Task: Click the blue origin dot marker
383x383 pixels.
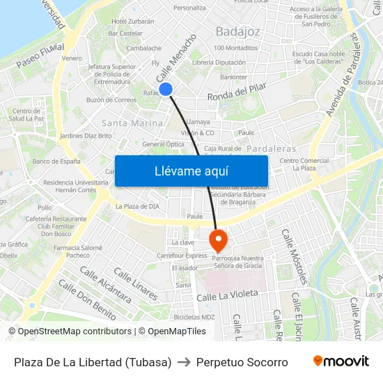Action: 166,88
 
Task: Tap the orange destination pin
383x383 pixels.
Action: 218,240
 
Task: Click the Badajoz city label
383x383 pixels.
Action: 237,31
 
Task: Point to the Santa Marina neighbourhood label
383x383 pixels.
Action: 132,123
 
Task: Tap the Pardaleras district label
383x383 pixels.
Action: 271,148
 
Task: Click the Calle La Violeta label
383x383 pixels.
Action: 227,296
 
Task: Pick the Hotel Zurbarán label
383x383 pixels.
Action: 132,22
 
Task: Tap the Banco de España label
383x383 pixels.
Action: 56,161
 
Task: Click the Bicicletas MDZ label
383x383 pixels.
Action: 194,317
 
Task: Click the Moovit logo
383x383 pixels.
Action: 341,361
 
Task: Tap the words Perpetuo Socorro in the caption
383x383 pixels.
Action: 242,362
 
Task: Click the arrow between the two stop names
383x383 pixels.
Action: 184,362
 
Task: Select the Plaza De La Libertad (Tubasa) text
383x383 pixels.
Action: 93,362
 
